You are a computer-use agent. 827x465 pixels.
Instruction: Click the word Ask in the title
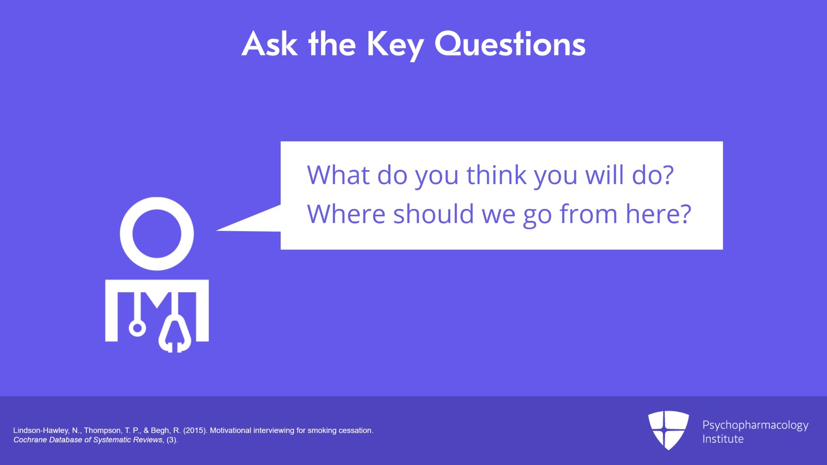[269, 44]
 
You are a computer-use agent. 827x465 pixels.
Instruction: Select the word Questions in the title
[510, 44]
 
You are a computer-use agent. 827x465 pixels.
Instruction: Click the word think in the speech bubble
[496, 175]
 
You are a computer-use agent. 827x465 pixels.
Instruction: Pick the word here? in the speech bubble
[658, 214]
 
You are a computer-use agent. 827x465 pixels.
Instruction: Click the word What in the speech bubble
[338, 175]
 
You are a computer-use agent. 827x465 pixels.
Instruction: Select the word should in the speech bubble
[433, 214]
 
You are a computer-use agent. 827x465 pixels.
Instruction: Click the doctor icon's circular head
[157, 234]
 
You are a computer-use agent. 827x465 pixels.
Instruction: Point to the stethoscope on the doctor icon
[175, 331]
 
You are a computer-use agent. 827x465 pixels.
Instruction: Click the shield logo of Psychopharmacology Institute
[668, 429]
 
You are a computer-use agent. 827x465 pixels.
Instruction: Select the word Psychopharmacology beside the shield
[755, 425]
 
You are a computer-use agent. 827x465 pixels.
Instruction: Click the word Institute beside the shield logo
[723, 439]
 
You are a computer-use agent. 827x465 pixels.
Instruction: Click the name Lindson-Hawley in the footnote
[41, 430]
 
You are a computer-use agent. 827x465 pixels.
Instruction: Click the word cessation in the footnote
[356, 430]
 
